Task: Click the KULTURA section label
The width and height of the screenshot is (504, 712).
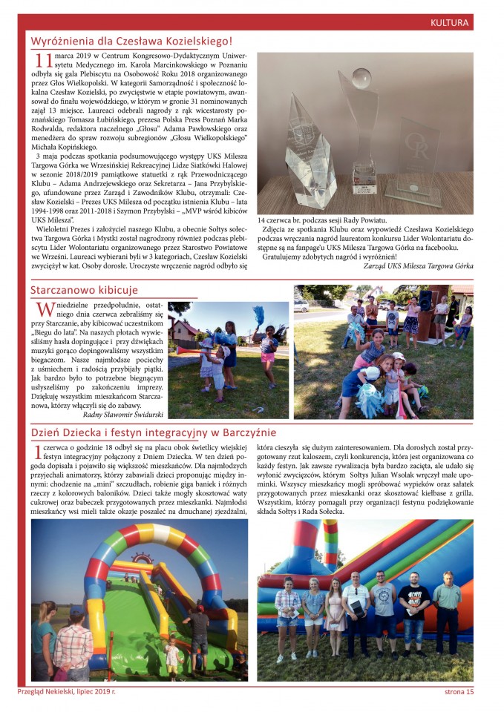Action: tap(450, 23)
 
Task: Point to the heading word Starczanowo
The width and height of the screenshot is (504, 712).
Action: tap(64, 289)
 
